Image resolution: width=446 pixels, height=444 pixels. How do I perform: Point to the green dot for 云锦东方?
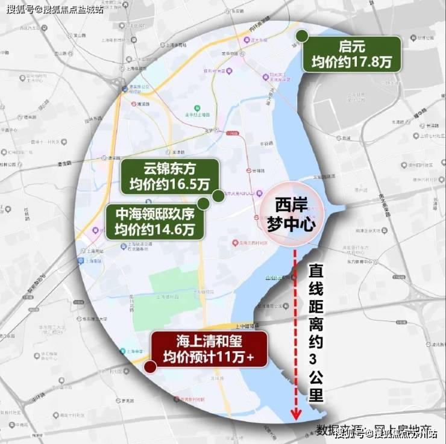[218, 195]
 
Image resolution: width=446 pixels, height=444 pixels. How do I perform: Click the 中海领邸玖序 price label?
[154, 221]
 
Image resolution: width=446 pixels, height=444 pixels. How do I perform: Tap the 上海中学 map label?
[130, 350]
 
